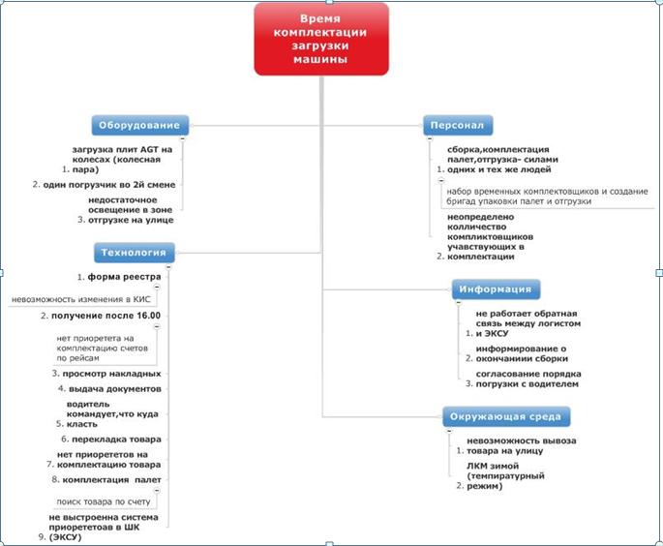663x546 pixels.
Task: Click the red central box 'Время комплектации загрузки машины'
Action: [x=321, y=40]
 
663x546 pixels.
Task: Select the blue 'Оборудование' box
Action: [x=140, y=125]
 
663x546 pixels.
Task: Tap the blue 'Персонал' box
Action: [x=458, y=125]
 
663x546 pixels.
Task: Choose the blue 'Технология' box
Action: [x=134, y=253]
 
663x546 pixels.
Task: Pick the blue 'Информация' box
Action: [x=496, y=289]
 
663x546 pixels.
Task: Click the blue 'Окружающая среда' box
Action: [x=506, y=417]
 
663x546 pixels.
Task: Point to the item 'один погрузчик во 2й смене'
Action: [x=109, y=185]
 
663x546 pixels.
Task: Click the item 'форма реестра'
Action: [x=124, y=277]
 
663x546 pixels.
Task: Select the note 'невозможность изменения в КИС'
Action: [x=80, y=299]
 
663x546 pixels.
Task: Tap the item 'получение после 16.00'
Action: [x=106, y=316]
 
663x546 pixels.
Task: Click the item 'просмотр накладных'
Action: [x=111, y=374]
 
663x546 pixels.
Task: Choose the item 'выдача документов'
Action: [x=115, y=389]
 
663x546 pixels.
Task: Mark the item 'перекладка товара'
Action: [x=116, y=440]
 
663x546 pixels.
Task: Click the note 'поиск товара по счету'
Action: [x=104, y=502]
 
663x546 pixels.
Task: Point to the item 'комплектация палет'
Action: [x=111, y=480]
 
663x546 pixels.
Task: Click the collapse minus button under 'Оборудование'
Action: [x=183, y=138]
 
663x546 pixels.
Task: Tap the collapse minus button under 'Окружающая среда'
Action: [x=449, y=431]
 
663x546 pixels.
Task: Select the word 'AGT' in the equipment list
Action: [x=150, y=150]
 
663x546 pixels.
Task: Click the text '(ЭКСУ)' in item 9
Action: [x=65, y=537]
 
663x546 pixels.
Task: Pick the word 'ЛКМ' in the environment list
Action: [x=476, y=466]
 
